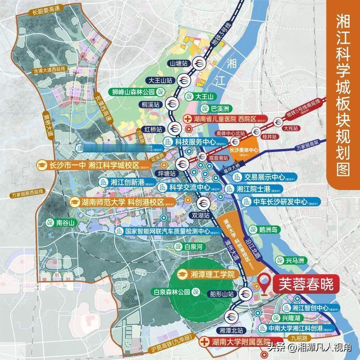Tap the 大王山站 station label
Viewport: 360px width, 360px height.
point(161,80)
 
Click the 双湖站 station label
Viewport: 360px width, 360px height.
point(200,215)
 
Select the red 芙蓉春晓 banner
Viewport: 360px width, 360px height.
point(306,283)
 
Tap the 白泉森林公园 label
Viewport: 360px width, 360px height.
point(175,292)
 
